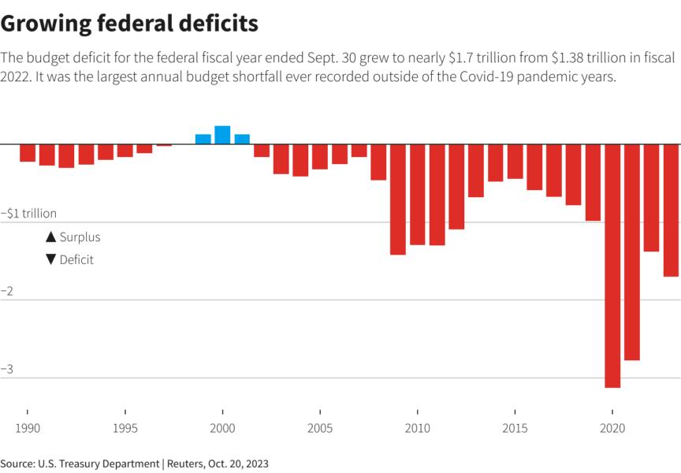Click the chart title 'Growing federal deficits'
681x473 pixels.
(129, 24)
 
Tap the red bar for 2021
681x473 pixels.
(632, 252)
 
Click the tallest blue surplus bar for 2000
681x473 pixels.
(222, 135)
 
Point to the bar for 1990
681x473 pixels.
(28, 153)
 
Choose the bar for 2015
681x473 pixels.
(515, 162)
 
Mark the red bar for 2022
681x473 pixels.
(651, 198)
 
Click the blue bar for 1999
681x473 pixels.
(203, 140)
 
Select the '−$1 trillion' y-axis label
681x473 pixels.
(29, 214)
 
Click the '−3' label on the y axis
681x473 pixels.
(7, 369)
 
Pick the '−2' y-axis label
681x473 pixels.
(7, 292)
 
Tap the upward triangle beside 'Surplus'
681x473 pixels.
(51, 236)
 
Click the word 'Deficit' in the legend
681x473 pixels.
(76, 259)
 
